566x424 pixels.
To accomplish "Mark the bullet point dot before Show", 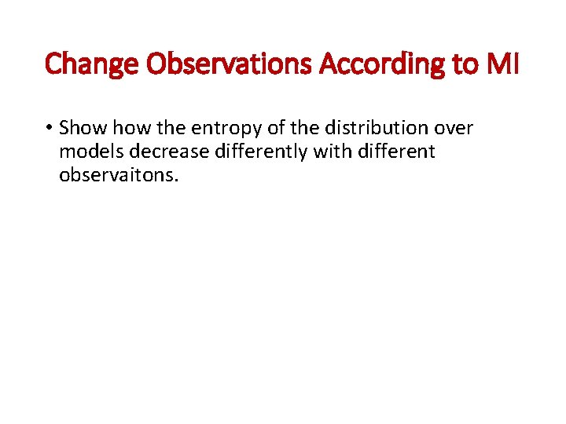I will coord(49,128).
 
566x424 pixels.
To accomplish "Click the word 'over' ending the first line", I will coord(454,128).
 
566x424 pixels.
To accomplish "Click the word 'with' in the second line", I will coord(333,151).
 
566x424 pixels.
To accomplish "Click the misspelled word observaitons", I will coord(119,174).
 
